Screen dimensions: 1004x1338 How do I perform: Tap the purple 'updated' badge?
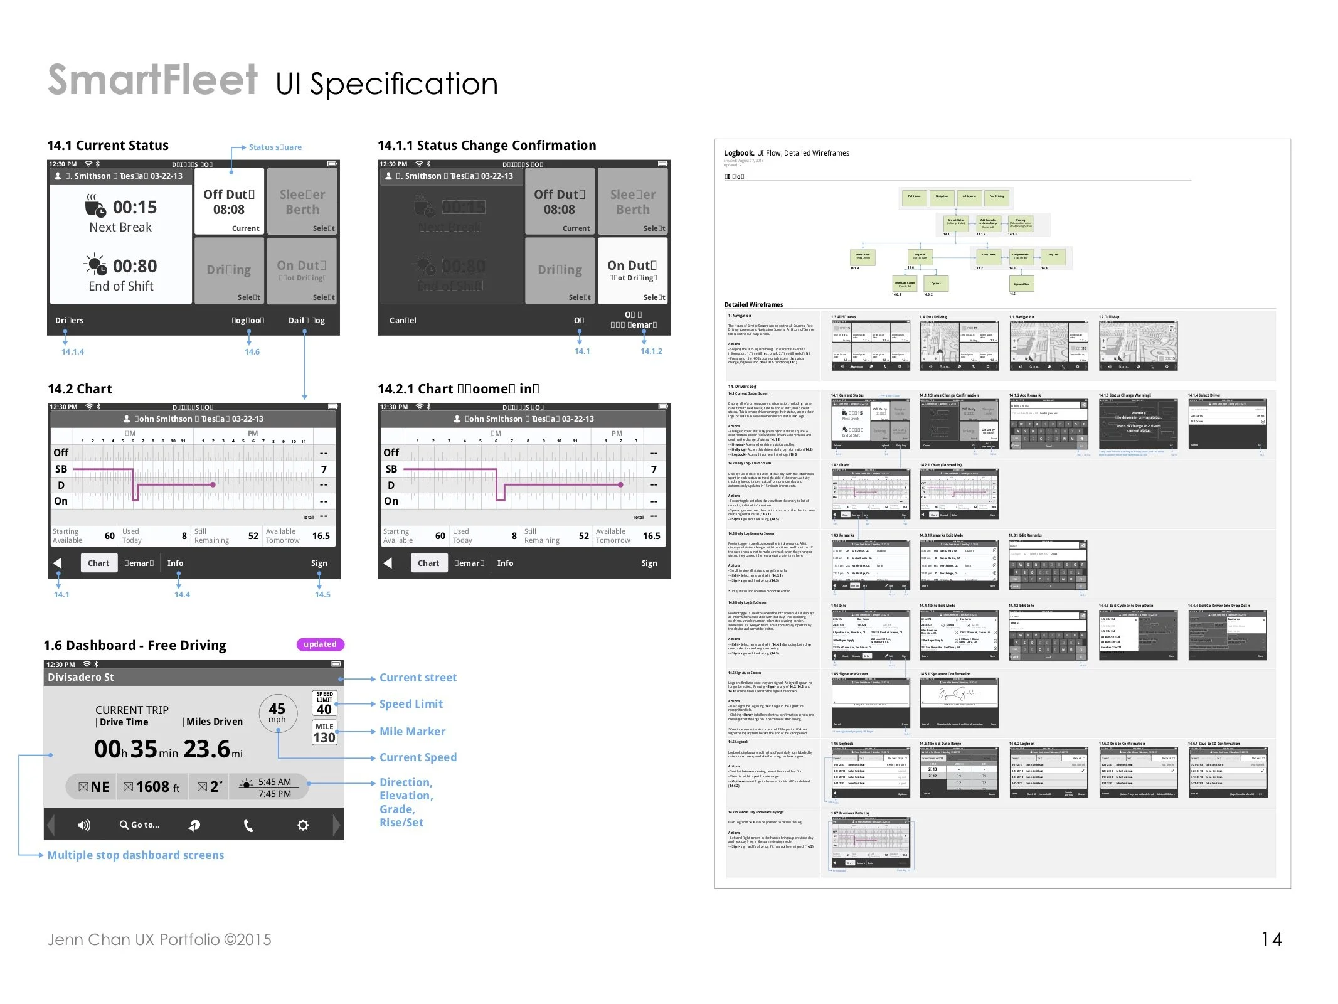pyautogui.click(x=320, y=644)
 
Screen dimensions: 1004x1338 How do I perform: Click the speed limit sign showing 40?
pyautogui.click(x=324, y=703)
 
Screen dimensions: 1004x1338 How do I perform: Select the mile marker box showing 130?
pyautogui.click(x=324, y=732)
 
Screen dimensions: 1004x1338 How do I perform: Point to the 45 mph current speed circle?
pyautogui.click(x=277, y=713)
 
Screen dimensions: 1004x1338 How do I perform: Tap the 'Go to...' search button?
pyautogui.click(x=140, y=825)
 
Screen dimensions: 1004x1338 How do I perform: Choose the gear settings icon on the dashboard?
pyautogui.click(x=303, y=825)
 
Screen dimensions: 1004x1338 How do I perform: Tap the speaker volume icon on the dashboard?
pyautogui.click(x=83, y=825)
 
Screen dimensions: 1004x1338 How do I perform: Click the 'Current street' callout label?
pyautogui.click(x=418, y=678)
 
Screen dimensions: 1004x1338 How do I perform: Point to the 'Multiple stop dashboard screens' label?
pyautogui.click(x=135, y=855)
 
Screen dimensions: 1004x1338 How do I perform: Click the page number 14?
pyautogui.click(x=1272, y=939)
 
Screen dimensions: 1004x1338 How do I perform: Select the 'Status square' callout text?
pyautogui.click(x=275, y=147)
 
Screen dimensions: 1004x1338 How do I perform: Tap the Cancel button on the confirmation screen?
pyautogui.click(x=403, y=321)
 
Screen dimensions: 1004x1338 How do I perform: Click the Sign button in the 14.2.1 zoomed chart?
pyautogui.click(x=649, y=563)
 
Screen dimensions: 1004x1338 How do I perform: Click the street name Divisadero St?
pyautogui.click(x=81, y=677)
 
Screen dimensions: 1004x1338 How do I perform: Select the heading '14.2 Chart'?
pyautogui.click(x=80, y=389)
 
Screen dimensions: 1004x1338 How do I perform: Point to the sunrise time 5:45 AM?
pyautogui.click(x=275, y=782)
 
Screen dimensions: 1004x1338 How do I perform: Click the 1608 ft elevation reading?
pyautogui.click(x=152, y=787)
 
